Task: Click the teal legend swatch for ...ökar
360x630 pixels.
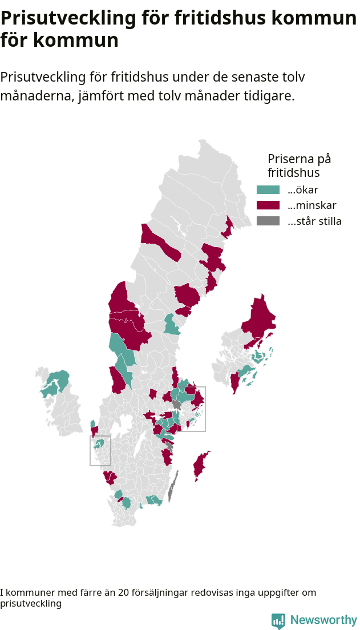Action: [x=268, y=190]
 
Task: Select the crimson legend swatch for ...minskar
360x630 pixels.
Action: [x=268, y=205]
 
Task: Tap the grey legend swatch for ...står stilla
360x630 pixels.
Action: [x=268, y=221]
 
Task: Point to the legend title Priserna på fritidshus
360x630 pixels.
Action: [x=299, y=165]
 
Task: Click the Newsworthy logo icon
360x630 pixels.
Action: [x=278, y=620]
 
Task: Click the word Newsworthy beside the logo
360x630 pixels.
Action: [x=323, y=620]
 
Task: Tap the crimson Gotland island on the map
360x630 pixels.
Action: [x=200, y=465]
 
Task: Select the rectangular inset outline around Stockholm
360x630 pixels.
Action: [x=205, y=409]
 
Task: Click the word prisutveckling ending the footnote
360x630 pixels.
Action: [x=31, y=603]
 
